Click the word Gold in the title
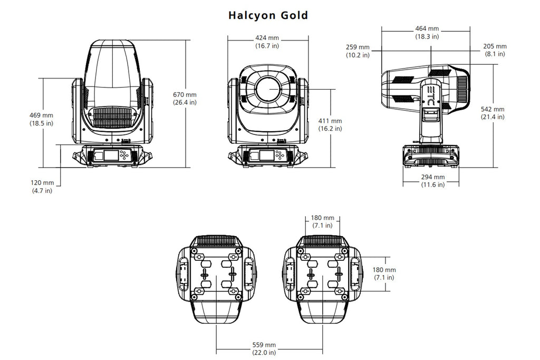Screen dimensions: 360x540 (x=295, y=15)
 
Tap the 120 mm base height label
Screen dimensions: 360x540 (x=42, y=183)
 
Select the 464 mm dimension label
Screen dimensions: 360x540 (x=427, y=28)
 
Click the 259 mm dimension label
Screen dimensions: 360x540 (x=358, y=47)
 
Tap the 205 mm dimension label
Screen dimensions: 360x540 (x=495, y=46)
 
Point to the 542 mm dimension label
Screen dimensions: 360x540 (x=493, y=109)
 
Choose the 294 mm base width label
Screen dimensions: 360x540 (x=433, y=177)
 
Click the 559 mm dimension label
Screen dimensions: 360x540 (x=264, y=345)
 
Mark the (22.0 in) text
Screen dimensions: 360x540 (x=264, y=352)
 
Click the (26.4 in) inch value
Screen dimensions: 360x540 (x=185, y=102)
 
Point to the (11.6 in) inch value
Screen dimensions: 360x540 (x=433, y=184)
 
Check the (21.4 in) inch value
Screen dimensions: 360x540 (x=493, y=116)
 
